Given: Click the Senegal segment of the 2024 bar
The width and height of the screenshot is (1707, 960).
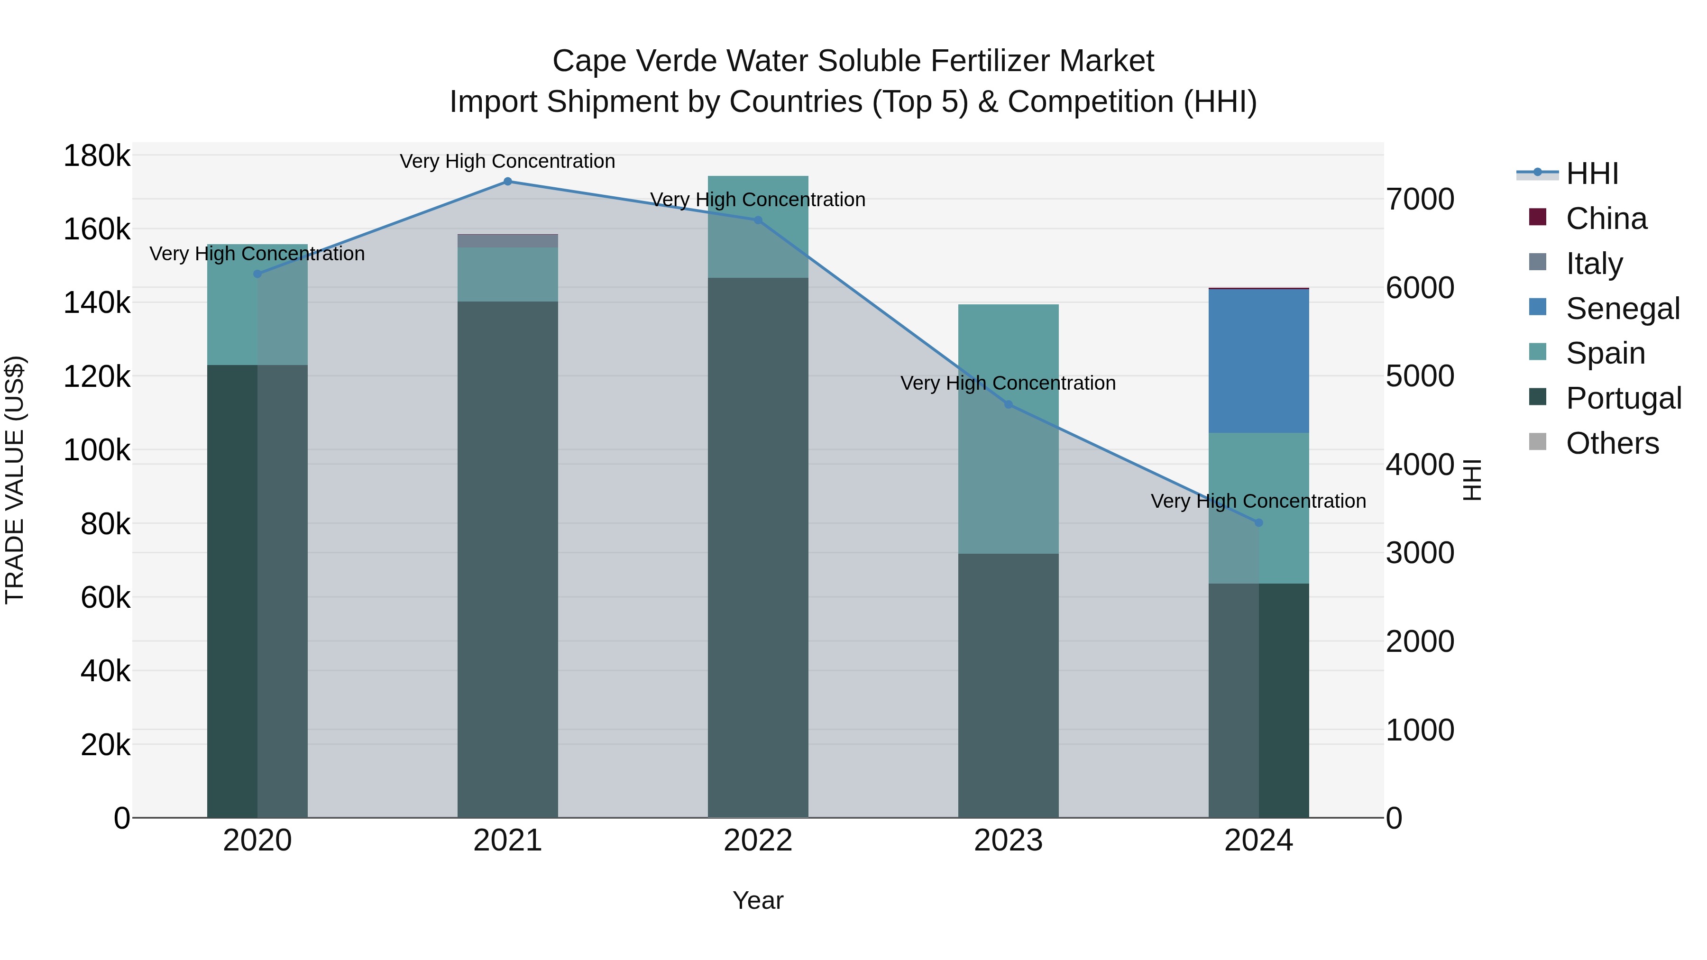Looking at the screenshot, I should pos(1258,361).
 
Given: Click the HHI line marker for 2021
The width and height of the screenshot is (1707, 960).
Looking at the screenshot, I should pos(507,182).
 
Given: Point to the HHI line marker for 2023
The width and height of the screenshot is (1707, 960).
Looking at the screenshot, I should pos(1008,404).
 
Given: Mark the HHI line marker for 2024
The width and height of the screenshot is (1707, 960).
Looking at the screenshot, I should pos(1258,523).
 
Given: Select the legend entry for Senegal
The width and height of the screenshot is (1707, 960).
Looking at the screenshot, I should pos(1622,309).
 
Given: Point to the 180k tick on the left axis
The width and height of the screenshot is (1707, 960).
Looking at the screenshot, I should pos(97,156).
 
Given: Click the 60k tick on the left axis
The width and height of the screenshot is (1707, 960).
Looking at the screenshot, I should pos(105,598).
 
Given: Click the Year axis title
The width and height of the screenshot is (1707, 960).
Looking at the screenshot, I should pos(758,900).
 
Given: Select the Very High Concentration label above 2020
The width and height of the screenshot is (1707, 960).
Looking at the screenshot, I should pos(257,254).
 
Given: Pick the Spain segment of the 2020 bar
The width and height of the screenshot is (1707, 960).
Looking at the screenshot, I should pos(257,305).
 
